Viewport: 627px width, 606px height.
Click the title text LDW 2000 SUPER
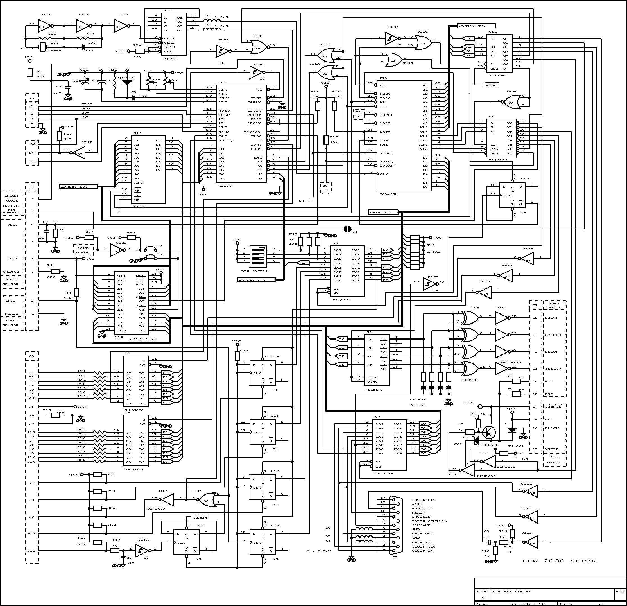pos(558,561)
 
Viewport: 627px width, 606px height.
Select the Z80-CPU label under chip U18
pos(389,194)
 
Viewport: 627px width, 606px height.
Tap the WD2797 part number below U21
pos(227,186)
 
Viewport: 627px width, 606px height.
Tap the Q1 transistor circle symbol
pos(489,432)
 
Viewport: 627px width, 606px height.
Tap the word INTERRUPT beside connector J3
pos(423,500)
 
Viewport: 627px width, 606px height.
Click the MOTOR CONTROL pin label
pos(429,521)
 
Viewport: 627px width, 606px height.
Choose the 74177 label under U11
pos(169,59)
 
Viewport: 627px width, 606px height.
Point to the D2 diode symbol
pos(127,83)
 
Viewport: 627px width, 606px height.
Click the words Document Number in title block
pos(511,591)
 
